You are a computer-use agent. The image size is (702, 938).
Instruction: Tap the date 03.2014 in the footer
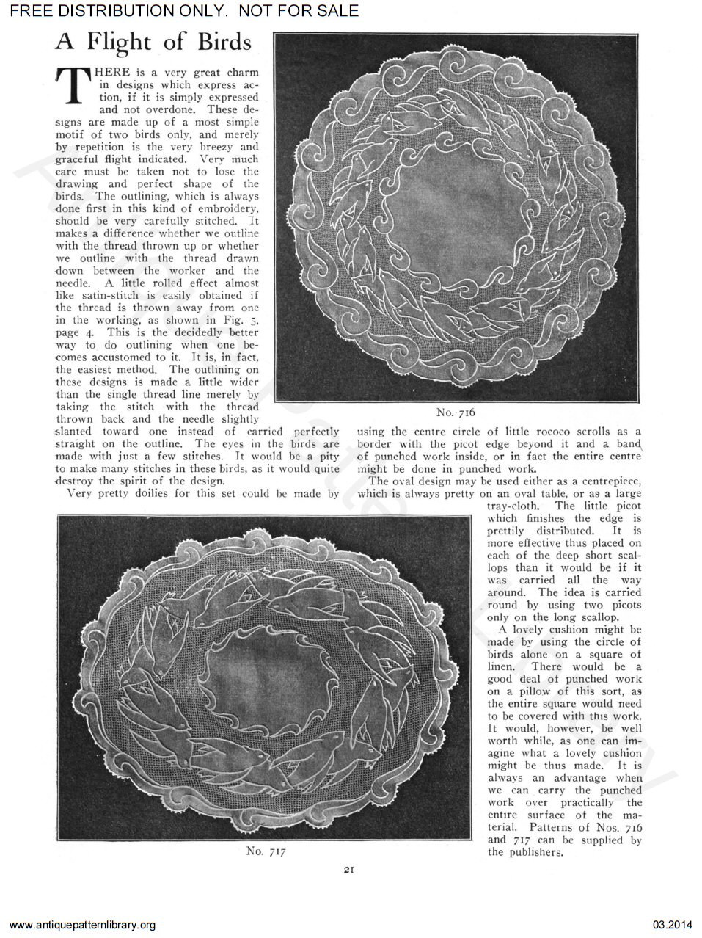click(x=673, y=924)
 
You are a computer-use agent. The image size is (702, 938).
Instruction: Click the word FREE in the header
click(x=26, y=10)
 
